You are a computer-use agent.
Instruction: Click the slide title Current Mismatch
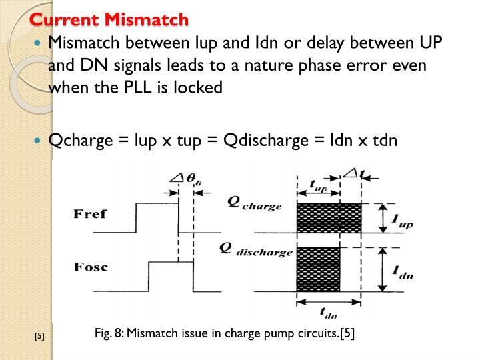coord(110,19)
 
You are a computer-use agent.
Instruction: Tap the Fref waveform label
coord(90,215)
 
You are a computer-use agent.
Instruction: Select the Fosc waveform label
coord(90,269)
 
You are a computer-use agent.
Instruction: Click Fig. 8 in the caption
coord(110,333)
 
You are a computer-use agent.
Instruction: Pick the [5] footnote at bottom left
coord(39,336)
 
